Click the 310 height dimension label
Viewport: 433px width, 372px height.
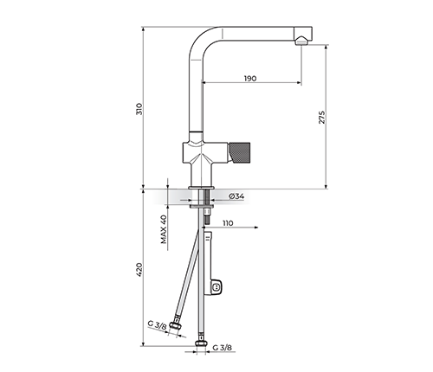(x=139, y=109)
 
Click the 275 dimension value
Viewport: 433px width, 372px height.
(x=322, y=118)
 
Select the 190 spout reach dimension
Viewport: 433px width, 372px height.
(x=250, y=79)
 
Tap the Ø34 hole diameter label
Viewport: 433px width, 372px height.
(x=236, y=196)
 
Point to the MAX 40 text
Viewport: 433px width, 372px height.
(x=164, y=229)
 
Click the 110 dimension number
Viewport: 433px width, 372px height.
(x=228, y=223)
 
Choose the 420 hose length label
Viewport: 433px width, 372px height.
(x=139, y=270)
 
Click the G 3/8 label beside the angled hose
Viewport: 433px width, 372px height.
(x=158, y=325)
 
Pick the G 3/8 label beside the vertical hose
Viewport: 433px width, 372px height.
(x=223, y=348)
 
